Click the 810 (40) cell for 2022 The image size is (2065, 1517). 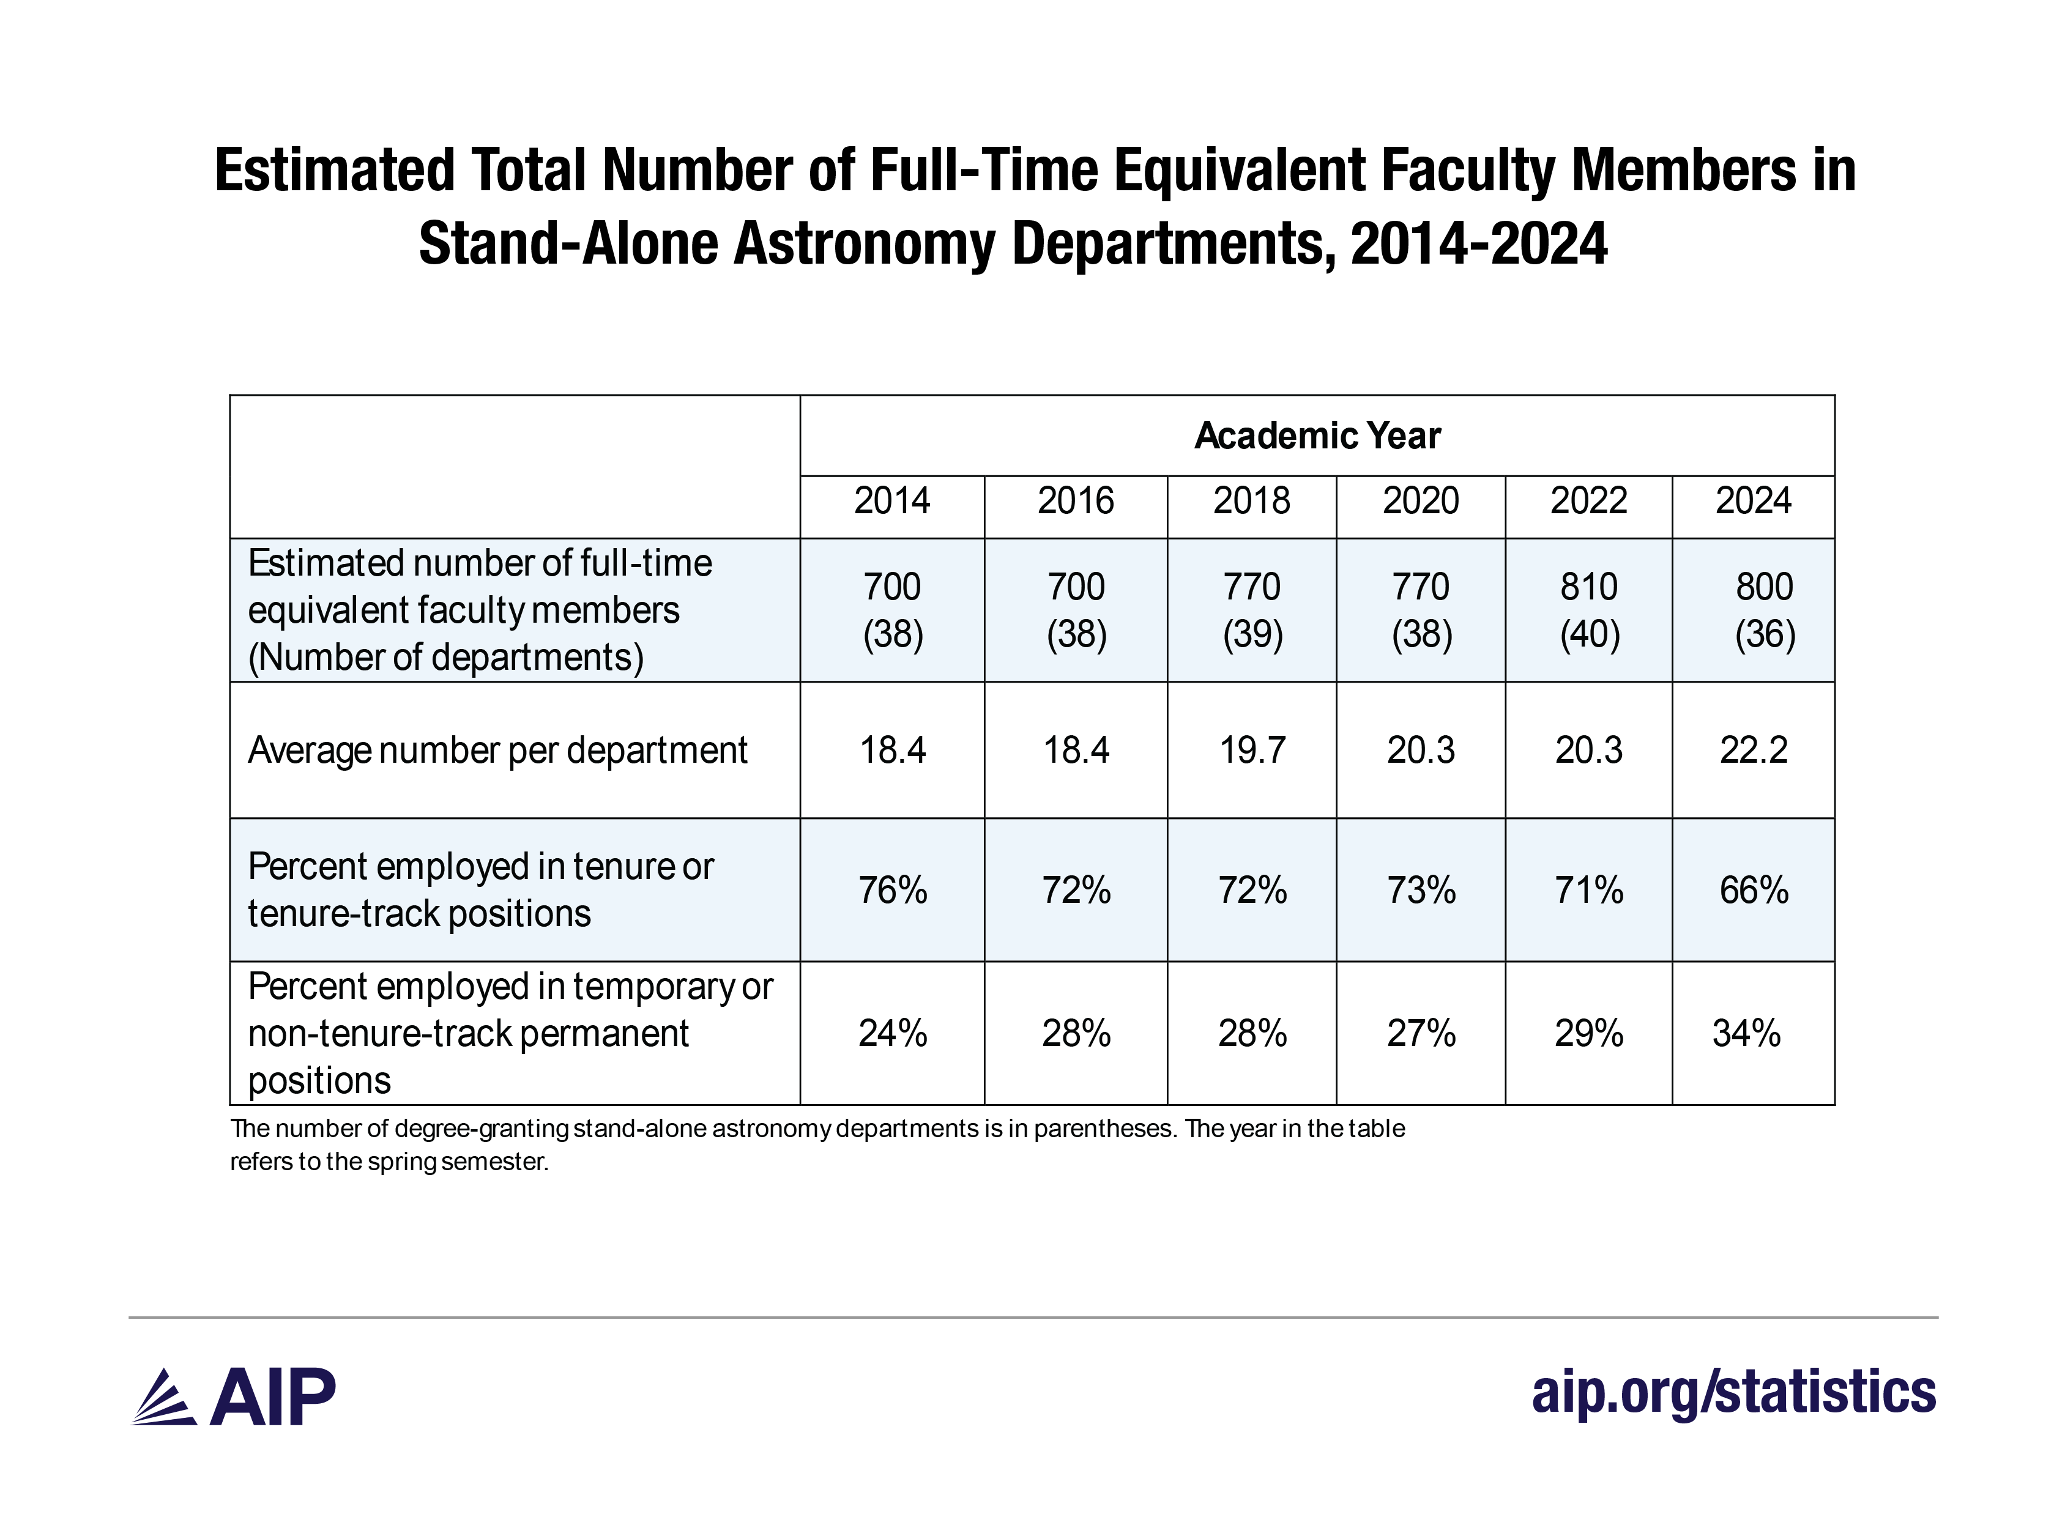point(1588,610)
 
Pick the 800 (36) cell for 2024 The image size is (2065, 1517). point(1764,610)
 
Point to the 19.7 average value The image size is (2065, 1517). point(1251,750)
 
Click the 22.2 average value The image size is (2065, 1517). point(1753,750)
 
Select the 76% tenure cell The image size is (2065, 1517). point(892,890)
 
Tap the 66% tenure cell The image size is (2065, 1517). point(1753,890)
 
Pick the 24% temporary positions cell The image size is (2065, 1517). point(892,1033)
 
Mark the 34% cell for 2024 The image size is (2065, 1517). point(1746,1033)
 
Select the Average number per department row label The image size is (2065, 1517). point(497,750)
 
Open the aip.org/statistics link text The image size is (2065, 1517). point(1733,1392)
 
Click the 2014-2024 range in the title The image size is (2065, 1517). point(1479,244)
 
